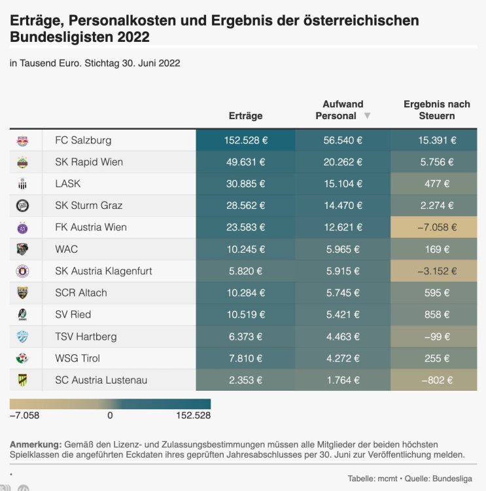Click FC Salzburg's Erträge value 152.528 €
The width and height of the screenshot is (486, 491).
(x=245, y=140)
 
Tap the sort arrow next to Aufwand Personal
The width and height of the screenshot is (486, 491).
(x=367, y=116)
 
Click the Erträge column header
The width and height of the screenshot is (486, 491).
(x=245, y=116)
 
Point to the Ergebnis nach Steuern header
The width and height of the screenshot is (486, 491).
(x=436, y=110)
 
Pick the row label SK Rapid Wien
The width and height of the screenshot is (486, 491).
(x=89, y=162)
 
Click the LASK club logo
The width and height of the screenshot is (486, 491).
(x=22, y=184)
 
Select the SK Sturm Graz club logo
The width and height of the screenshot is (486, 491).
(x=22, y=206)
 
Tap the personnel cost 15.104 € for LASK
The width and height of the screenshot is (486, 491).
(x=343, y=184)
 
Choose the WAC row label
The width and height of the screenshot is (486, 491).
(x=67, y=249)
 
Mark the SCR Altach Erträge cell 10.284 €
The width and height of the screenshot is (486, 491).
(x=245, y=293)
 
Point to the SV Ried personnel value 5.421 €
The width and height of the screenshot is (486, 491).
(x=343, y=315)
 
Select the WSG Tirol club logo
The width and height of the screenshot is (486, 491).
(x=22, y=359)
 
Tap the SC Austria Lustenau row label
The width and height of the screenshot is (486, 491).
(x=101, y=380)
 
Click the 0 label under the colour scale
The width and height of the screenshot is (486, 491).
(x=110, y=415)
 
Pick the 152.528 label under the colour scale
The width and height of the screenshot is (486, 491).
(x=192, y=415)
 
